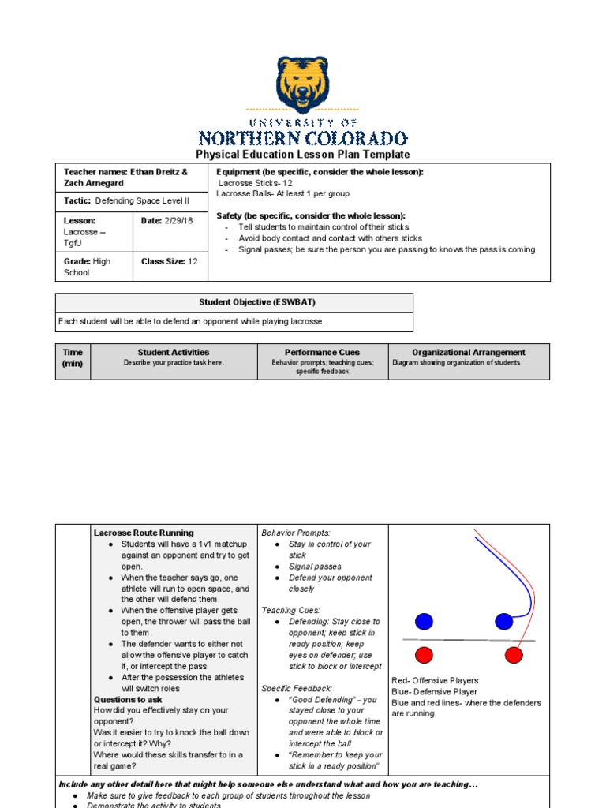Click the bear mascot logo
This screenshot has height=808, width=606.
[x=303, y=84]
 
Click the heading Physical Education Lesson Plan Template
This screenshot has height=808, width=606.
[x=303, y=155]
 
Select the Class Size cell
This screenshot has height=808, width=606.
[x=169, y=261]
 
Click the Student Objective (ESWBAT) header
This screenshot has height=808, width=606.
[x=234, y=303]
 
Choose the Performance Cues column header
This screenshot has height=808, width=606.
[x=322, y=353]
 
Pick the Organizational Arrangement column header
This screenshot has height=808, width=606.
[x=469, y=353]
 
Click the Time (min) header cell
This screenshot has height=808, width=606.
[x=73, y=358]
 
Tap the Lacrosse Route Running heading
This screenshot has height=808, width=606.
[x=144, y=533]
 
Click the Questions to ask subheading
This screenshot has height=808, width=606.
[x=128, y=699]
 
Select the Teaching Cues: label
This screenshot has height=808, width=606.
[x=290, y=611]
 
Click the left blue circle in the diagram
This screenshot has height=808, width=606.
[x=425, y=622]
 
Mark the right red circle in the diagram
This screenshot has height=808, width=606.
[x=514, y=655]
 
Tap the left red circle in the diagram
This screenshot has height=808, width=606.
[x=425, y=655]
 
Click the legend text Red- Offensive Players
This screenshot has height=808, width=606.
[x=435, y=680]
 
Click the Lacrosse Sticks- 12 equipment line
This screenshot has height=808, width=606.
[x=256, y=182]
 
